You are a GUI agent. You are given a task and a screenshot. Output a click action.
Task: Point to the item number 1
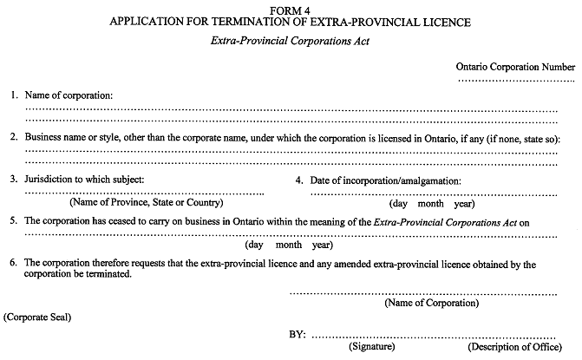click(14, 95)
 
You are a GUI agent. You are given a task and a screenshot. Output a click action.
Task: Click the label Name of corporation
click(69, 95)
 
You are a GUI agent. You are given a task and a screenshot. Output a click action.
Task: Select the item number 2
click(14, 137)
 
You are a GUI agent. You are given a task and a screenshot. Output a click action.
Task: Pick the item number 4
click(299, 180)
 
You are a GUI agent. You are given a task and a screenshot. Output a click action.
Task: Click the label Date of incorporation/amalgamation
click(385, 180)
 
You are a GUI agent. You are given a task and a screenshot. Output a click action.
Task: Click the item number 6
click(14, 263)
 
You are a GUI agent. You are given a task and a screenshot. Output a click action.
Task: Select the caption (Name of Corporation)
click(422, 303)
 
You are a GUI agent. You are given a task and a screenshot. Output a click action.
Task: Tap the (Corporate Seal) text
click(37, 317)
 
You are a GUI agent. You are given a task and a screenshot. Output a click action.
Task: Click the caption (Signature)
click(372, 347)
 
